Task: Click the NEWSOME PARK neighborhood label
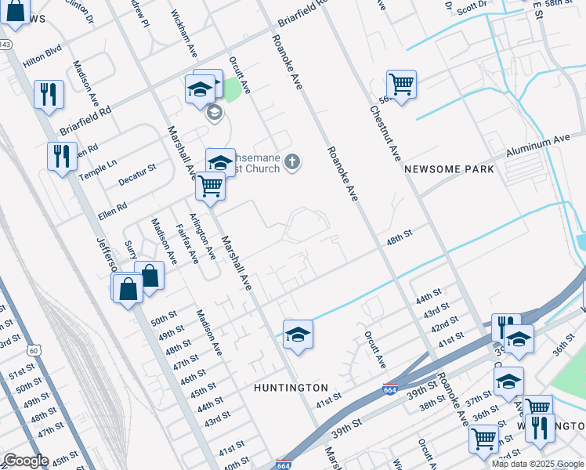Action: click(449, 169)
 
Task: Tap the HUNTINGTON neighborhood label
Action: click(291, 388)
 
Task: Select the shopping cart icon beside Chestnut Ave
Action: click(401, 83)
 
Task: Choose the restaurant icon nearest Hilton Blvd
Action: click(49, 94)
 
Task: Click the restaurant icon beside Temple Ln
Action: click(62, 155)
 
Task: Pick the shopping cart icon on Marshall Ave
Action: click(210, 186)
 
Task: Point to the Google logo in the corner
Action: click(25, 461)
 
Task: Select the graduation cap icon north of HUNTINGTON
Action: click(297, 334)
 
